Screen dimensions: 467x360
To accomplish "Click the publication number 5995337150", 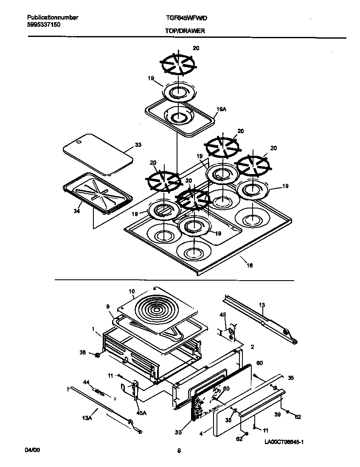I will (x=46, y=25).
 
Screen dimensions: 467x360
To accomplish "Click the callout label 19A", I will (x=221, y=109).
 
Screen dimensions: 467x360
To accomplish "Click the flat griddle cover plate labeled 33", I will (x=98, y=153).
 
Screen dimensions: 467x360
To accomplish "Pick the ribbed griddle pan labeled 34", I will (x=96, y=193).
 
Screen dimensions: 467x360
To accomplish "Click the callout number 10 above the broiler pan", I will (x=132, y=291).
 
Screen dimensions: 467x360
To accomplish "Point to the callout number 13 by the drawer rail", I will (x=262, y=305).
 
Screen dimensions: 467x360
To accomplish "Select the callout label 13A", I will (x=87, y=418).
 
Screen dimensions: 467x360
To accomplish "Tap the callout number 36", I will (x=82, y=352).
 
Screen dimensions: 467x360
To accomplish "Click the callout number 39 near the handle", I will (x=277, y=414).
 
